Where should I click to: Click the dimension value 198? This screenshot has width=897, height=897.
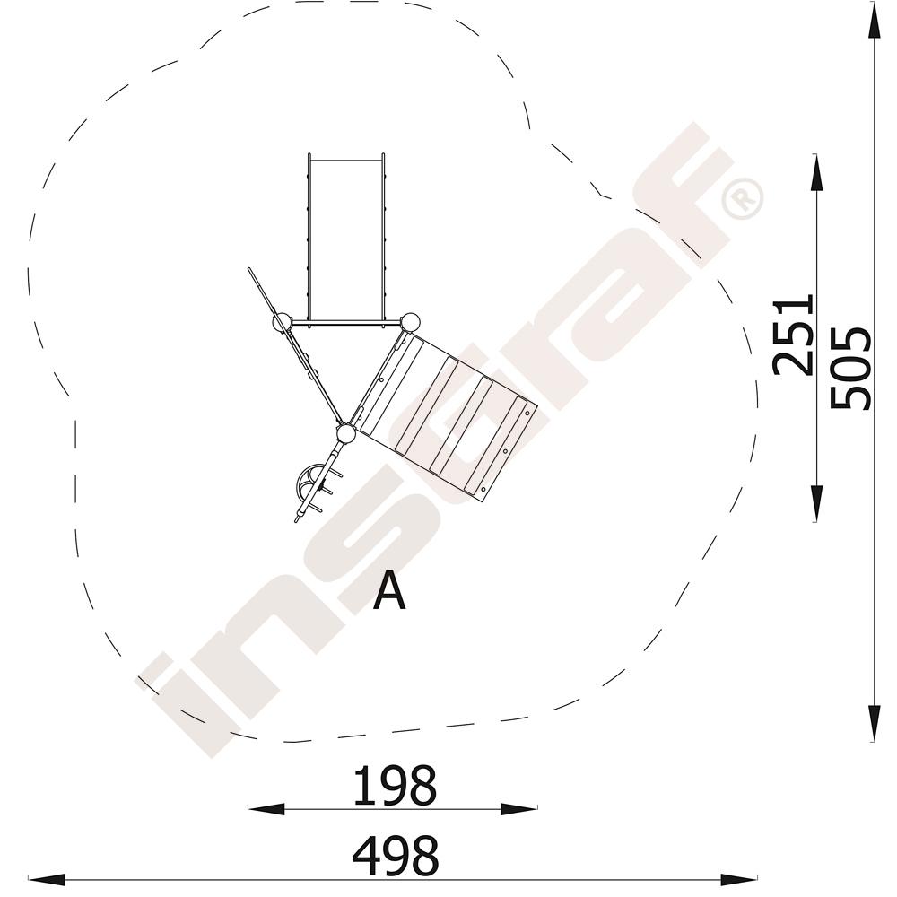tap(395, 786)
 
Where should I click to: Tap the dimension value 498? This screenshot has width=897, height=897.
tap(396, 856)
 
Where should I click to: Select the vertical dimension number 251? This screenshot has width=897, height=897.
tap(793, 335)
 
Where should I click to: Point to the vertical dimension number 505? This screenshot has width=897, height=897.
tap(850, 368)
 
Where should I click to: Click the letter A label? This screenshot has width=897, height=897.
tap(389, 591)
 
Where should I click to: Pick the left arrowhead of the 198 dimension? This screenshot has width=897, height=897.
tap(266, 809)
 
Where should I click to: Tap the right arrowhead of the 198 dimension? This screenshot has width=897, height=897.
tap(518, 809)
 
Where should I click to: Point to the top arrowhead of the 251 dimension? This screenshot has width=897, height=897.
tap(816, 172)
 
